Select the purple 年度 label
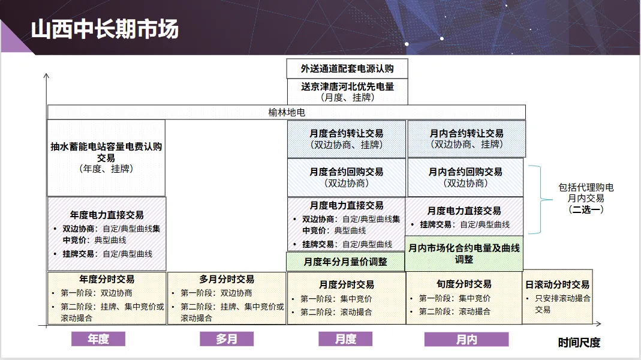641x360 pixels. tap(98, 339)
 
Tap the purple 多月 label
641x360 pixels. tap(227, 339)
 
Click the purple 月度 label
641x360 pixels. tap(345, 339)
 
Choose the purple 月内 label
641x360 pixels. tap(467, 340)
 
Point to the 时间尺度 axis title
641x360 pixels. tap(579, 342)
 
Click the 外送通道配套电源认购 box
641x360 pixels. tap(347, 68)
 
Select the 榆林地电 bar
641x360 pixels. tap(287, 112)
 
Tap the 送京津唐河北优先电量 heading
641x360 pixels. tap(347, 86)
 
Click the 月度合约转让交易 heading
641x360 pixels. tap(347, 133)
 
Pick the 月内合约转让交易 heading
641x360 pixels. tap(467, 133)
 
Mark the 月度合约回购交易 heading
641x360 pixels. tap(347, 172)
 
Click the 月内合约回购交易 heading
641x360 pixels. tap(465, 172)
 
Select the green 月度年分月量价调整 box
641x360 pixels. tap(345, 262)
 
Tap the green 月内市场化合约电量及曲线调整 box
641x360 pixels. tap(464, 254)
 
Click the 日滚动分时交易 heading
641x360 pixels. tap(558, 284)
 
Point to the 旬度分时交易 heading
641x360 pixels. tap(464, 284)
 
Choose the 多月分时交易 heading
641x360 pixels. tap(227, 279)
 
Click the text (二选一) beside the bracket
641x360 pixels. tap(586, 209)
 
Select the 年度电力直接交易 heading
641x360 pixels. tap(107, 215)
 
